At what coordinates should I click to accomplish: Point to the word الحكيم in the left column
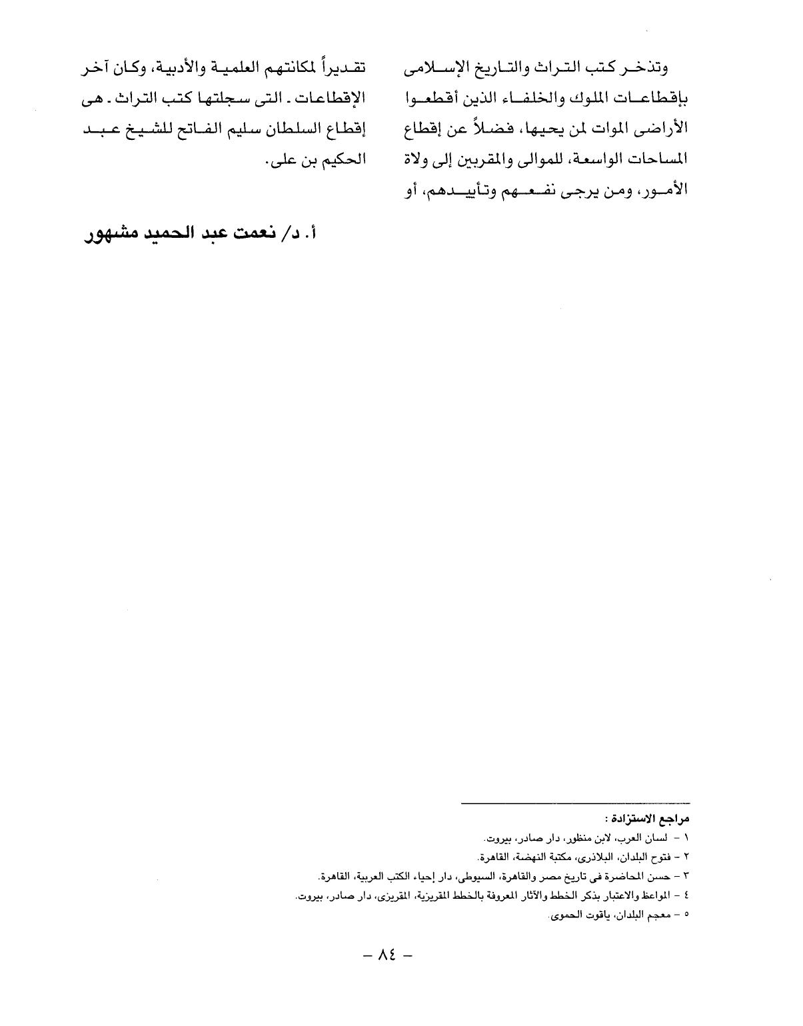point(340,161)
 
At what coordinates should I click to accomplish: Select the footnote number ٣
point(686,875)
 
